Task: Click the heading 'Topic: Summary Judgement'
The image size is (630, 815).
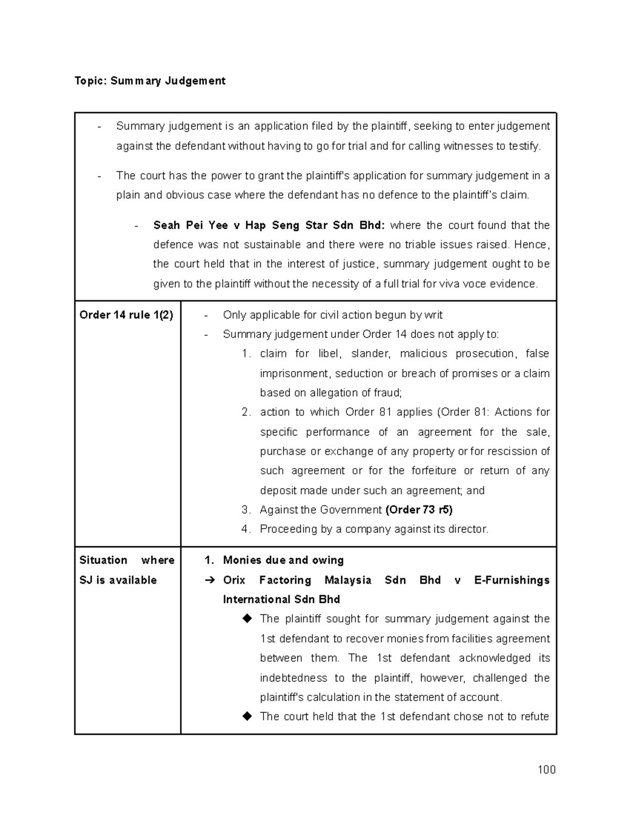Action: pyautogui.click(x=150, y=81)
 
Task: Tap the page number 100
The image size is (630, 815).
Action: pyautogui.click(x=546, y=770)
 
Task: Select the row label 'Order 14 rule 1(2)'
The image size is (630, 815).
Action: pyautogui.click(x=126, y=315)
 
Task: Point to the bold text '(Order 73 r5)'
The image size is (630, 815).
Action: pyautogui.click(x=419, y=510)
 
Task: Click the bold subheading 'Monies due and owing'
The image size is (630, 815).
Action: pyautogui.click(x=283, y=560)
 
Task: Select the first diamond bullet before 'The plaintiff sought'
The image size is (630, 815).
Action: pyautogui.click(x=247, y=619)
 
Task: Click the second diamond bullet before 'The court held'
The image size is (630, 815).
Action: pyautogui.click(x=247, y=716)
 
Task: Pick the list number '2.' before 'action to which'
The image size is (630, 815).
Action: pyautogui.click(x=246, y=412)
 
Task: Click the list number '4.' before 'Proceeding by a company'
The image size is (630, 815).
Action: pyautogui.click(x=246, y=529)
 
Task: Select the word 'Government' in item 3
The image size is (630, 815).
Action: pyautogui.click(x=351, y=510)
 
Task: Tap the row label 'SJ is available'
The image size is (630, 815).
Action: pyautogui.click(x=118, y=580)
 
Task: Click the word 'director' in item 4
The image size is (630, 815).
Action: pyautogui.click(x=468, y=529)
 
